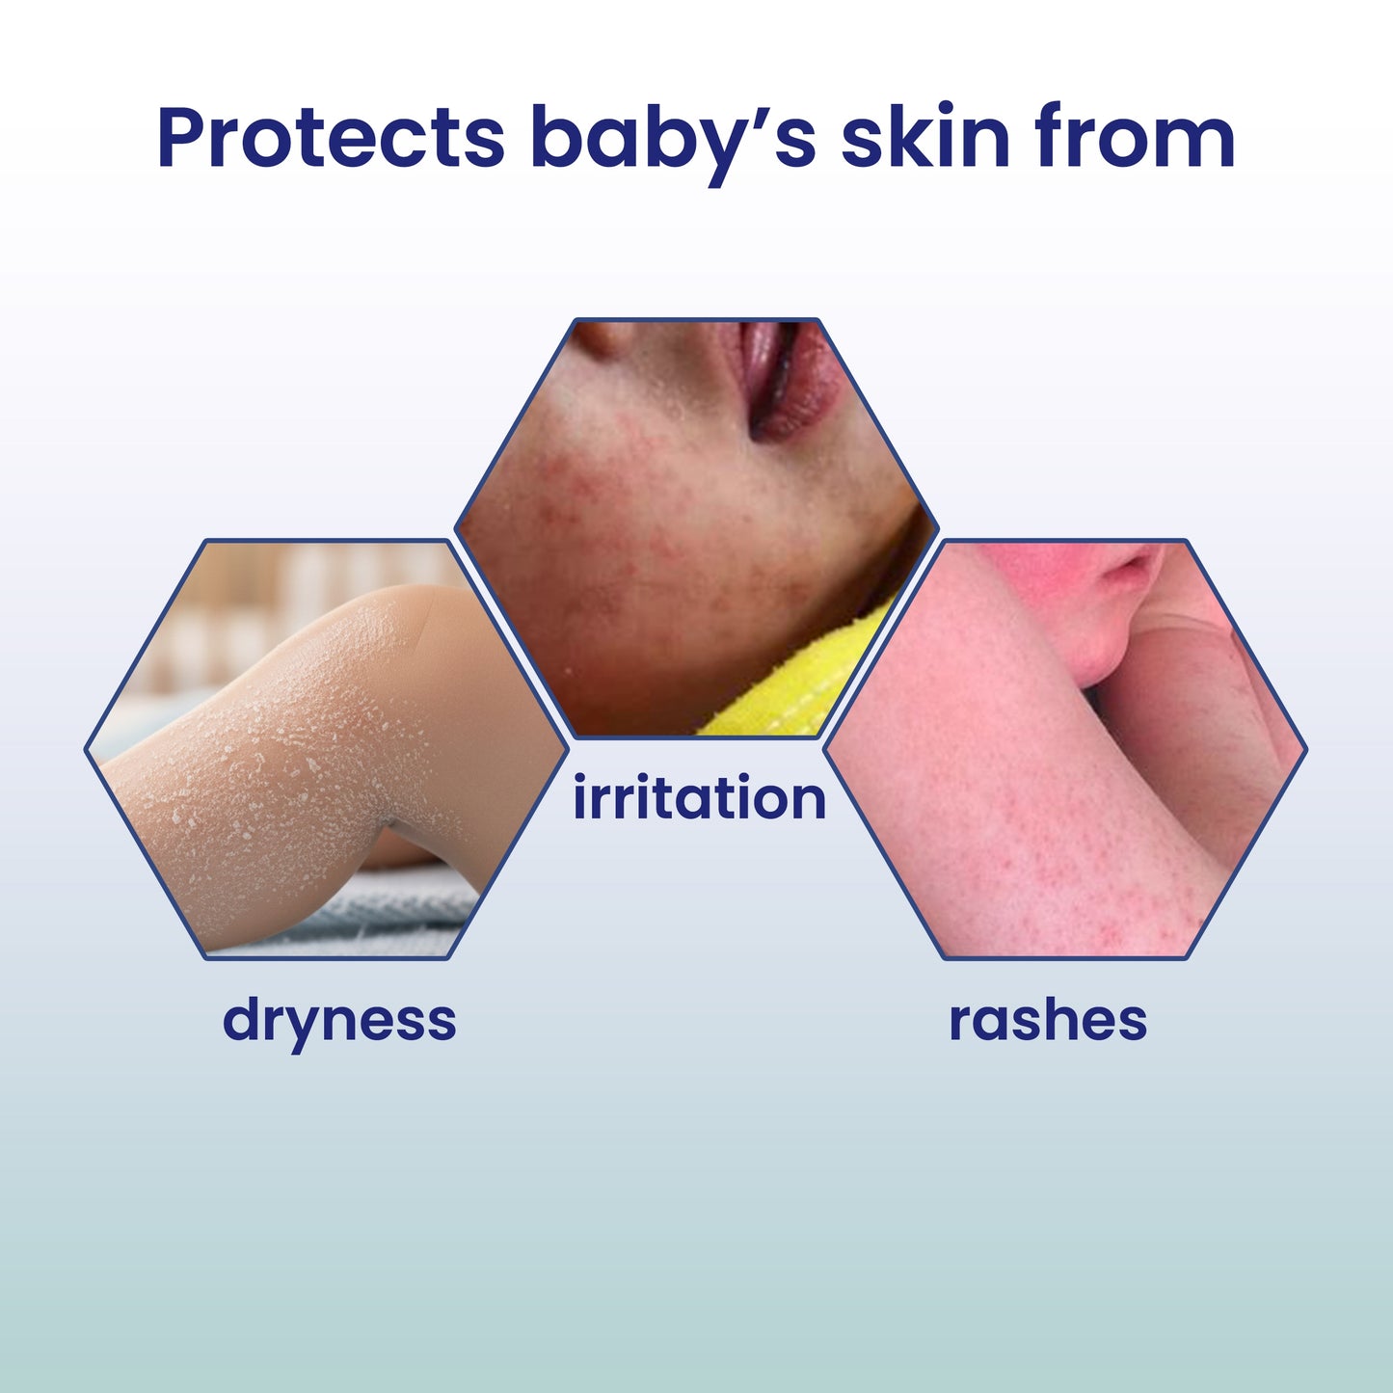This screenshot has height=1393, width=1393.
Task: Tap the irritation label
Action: [699, 799]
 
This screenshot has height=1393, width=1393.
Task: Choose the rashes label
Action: [1048, 1020]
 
